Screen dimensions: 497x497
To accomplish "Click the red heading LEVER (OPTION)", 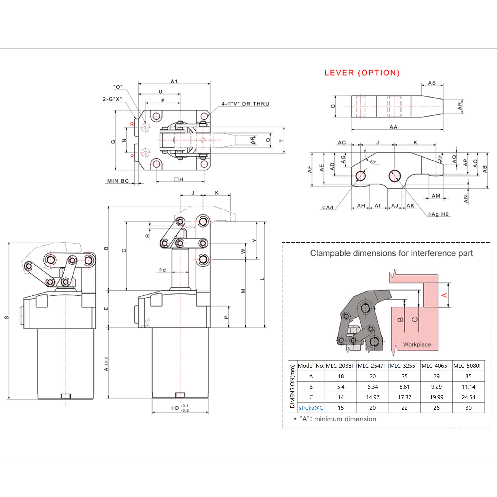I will tap(362, 73).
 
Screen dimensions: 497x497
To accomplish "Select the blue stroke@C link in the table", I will tap(311, 408).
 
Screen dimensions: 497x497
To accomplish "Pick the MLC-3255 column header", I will tap(404, 366).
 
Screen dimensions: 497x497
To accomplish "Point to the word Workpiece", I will tap(417, 344).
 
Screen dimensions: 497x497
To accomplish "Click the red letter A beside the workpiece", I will tap(444, 295).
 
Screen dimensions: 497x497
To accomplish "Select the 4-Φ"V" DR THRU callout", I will tap(245, 104).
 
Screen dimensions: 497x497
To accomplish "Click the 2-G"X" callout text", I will tap(112, 99).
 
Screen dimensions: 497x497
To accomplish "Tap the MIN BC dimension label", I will tap(118, 181).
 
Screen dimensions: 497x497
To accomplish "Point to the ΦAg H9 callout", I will tap(438, 214).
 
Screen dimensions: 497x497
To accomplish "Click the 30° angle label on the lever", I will tap(373, 161).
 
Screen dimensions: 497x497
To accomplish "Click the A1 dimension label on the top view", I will tap(174, 81).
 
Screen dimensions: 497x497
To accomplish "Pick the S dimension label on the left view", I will tap(7, 317).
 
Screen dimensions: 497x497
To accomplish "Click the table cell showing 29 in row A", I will tap(436, 376).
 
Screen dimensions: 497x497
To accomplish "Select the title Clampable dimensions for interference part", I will tap(391, 253).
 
